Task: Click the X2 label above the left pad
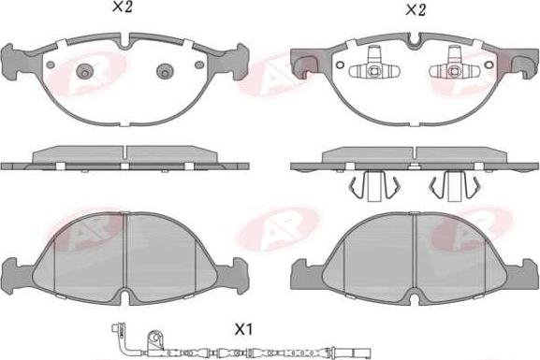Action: (x=122, y=7)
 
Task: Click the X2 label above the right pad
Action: (x=416, y=10)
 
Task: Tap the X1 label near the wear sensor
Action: (x=244, y=330)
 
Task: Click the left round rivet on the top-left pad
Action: (x=85, y=72)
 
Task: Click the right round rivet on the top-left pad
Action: (x=165, y=72)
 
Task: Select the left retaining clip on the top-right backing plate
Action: (x=374, y=66)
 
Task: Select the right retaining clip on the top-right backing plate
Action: (x=454, y=66)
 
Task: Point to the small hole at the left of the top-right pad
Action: (x=340, y=65)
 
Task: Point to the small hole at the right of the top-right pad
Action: (x=489, y=65)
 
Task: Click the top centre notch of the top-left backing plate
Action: (x=124, y=42)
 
